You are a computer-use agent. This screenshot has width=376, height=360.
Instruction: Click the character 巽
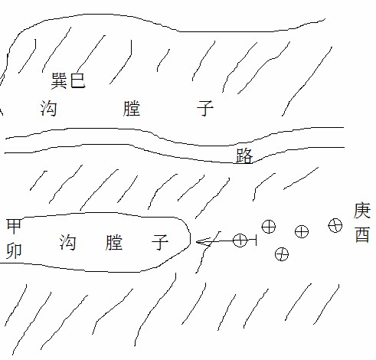click(x=59, y=80)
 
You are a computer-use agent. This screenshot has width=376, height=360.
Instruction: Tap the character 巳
click(x=77, y=80)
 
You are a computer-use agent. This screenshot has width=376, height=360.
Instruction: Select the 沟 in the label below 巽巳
click(x=48, y=108)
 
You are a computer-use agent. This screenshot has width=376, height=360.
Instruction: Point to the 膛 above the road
click(x=132, y=109)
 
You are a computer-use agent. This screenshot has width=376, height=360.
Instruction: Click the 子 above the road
click(x=205, y=108)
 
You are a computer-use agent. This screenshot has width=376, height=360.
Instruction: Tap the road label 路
click(x=244, y=155)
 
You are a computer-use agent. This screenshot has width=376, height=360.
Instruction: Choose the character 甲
click(x=14, y=226)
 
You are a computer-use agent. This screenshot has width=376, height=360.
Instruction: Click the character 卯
click(x=14, y=250)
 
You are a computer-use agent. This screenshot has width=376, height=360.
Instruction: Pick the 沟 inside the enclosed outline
click(x=67, y=242)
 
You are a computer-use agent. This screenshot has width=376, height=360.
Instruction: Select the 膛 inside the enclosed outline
click(x=114, y=242)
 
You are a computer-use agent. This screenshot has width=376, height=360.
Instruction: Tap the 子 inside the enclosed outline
click(x=160, y=242)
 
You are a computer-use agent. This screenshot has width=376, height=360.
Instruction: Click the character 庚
click(x=362, y=211)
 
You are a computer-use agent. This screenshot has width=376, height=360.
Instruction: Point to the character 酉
click(x=362, y=234)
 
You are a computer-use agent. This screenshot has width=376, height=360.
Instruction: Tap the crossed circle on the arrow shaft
click(x=240, y=241)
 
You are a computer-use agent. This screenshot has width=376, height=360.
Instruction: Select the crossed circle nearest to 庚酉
click(x=335, y=225)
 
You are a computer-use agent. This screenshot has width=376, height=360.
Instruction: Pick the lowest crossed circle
click(x=282, y=254)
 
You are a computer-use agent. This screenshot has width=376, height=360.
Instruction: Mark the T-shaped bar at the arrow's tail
click(x=255, y=241)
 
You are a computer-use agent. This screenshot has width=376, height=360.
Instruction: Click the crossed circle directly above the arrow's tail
click(x=269, y=226)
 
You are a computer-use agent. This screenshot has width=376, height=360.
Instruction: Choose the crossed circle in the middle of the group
click(x=302, y=231)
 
